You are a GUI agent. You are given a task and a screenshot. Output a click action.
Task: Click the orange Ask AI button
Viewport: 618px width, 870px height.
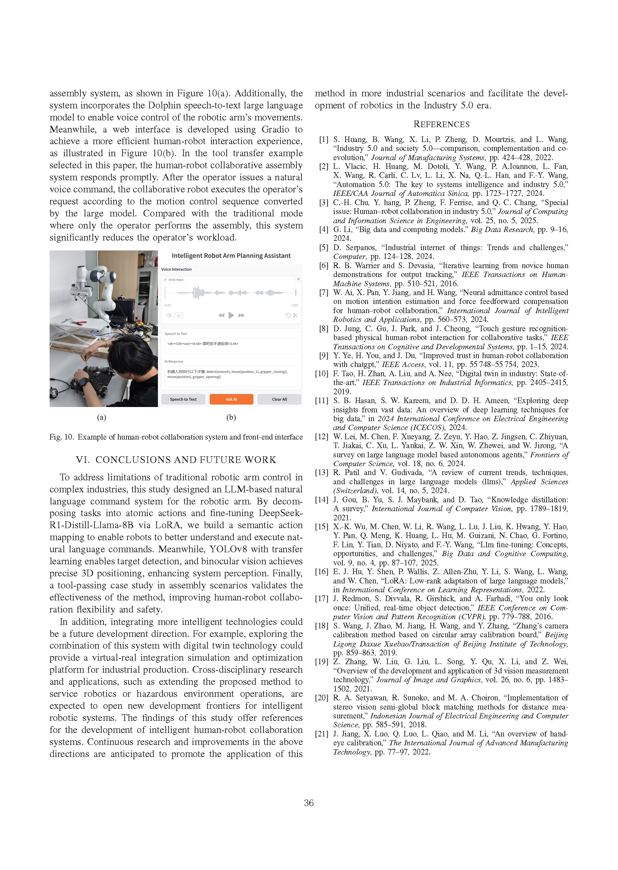231,399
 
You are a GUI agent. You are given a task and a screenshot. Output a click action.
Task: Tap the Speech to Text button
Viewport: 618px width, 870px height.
183,399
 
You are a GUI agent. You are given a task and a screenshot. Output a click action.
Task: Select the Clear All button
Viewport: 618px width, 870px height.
279,399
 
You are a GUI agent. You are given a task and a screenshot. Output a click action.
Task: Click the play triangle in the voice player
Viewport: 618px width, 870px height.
231,315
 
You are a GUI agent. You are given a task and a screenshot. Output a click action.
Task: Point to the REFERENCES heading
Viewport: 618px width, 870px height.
441,124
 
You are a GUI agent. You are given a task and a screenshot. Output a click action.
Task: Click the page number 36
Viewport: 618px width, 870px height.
308,803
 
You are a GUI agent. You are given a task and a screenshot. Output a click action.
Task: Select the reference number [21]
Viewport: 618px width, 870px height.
322,734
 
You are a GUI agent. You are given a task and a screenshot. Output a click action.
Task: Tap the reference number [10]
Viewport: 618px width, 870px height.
322,374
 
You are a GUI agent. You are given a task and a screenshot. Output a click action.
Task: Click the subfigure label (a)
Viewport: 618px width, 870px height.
102,418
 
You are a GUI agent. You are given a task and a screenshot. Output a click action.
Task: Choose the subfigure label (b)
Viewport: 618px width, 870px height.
231,418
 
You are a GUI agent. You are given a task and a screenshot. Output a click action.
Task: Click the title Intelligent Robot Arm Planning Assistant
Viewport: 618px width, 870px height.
231,256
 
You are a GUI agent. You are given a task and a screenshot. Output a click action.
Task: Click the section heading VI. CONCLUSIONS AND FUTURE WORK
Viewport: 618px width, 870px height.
176,460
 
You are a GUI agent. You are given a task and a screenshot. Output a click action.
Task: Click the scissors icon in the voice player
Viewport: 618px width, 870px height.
295,315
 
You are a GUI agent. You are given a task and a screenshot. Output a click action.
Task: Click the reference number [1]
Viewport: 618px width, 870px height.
323,140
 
